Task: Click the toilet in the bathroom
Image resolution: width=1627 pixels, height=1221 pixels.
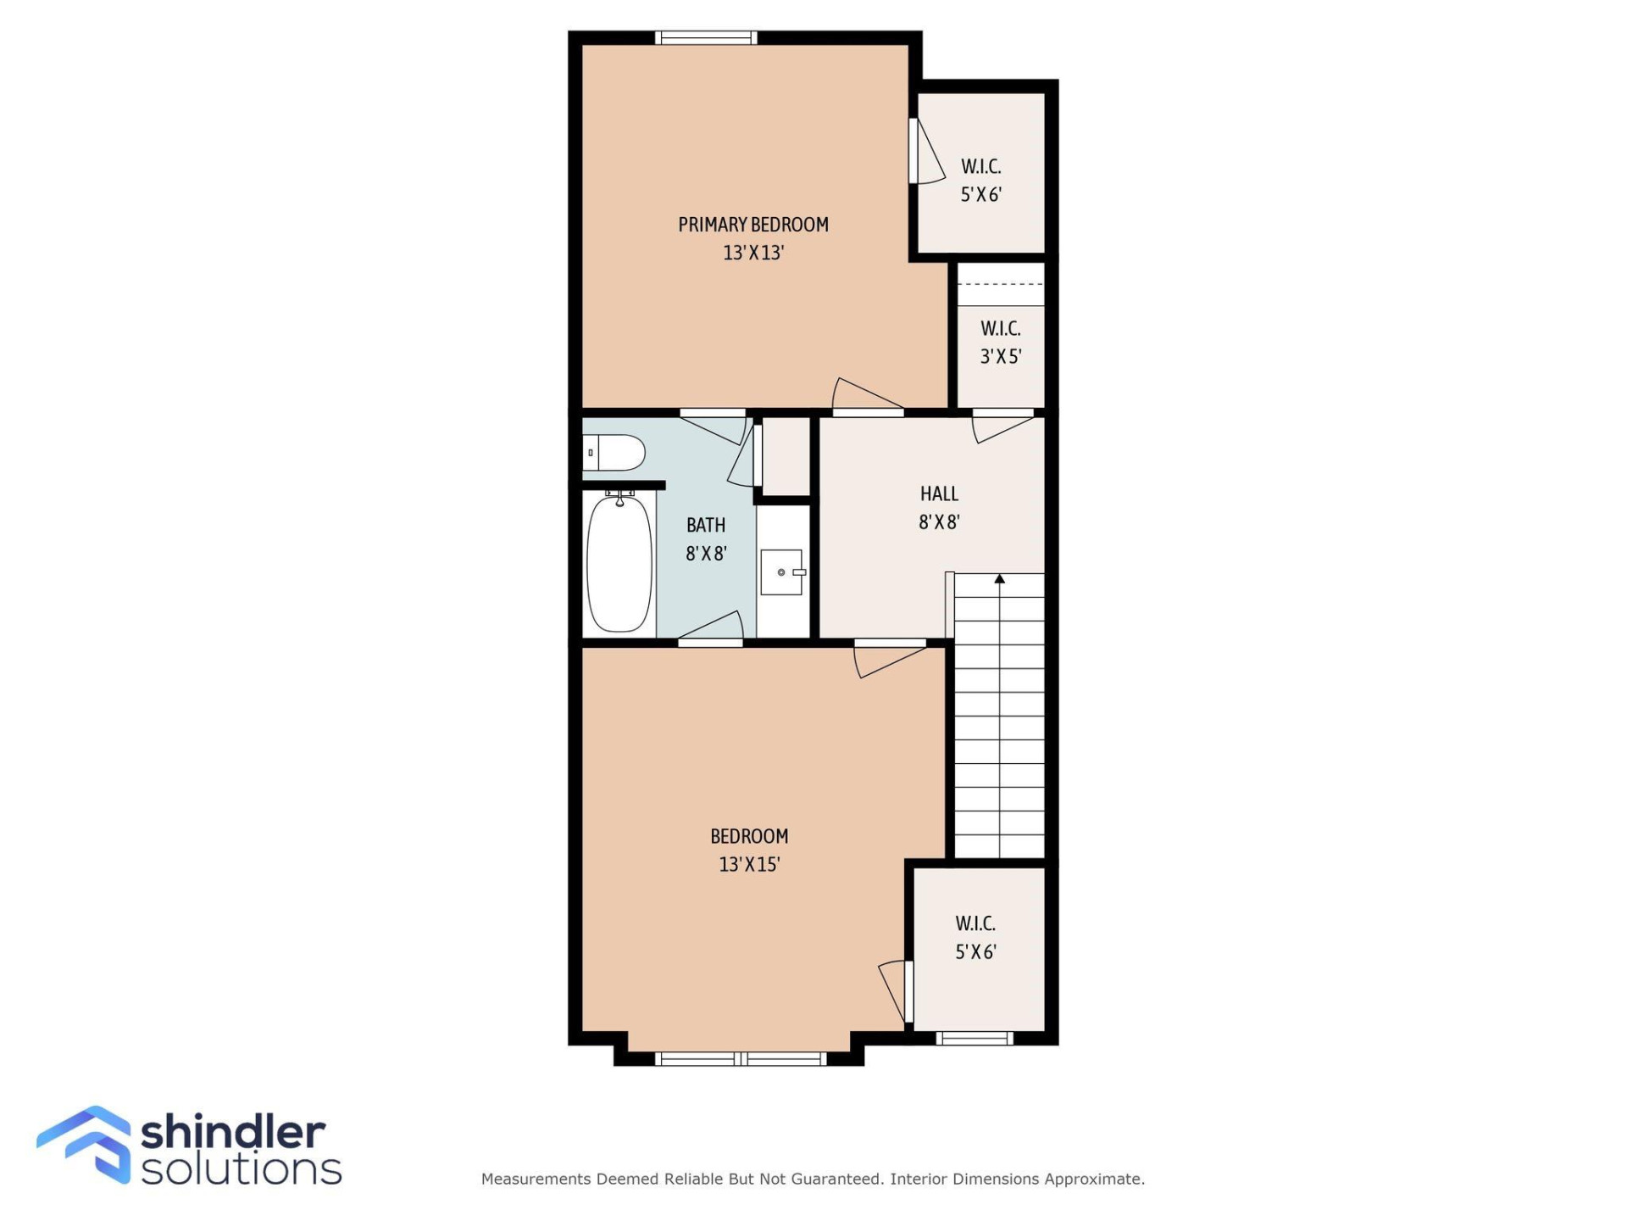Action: pyautogui.click(x=615, y=453)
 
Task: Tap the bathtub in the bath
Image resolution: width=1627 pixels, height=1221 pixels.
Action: pyautogui.click(x=619, y=564)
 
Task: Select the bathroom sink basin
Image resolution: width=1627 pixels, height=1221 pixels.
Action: pyautogui.click(x=780, y=572)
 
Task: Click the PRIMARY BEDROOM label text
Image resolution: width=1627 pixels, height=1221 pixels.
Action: pyautogui.click(x=752, y=225)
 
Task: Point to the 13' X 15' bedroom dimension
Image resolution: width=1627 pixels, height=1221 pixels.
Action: pyautogui.click(x=749, y=864)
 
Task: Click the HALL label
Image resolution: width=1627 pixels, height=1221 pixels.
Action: pyautogui.click(x=939, y=493)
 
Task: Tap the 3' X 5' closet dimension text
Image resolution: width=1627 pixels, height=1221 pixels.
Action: pyautogui.click(x=1001, y=356)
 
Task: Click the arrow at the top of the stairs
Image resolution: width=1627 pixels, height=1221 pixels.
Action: pyautogui.click(x=1000, y=579)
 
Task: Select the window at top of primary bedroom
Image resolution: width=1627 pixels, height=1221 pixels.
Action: pyautogui.click(x=706, y=37)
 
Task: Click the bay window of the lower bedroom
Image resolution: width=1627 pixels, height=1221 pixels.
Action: pyautogui.click(x=742, y=1058)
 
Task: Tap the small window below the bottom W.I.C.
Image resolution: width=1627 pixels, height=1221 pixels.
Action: pyautogui.click(x=975, y=1039)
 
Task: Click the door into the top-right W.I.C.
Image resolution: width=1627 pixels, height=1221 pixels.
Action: pyautogui.click(x=926, y=153)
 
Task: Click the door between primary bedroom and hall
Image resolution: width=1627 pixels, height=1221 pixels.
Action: pyautogui.click(x=868, y=399)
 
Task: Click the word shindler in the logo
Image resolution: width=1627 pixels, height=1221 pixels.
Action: pyautogui.click(x=232, y=1133)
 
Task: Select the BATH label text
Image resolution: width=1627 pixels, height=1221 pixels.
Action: pyautogui.click(x=706, y=525)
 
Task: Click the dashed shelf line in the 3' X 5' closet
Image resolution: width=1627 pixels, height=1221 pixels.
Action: pyautogui.click(x=1001, y=284)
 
